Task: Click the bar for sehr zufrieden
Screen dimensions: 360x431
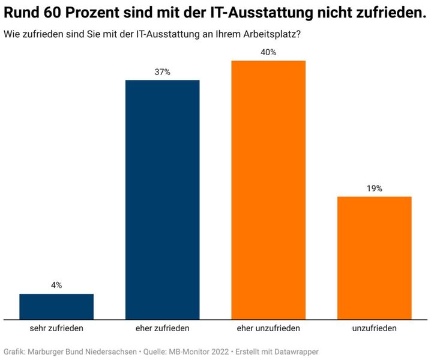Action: (56, 307)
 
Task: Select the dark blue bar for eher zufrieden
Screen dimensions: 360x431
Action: (162, 200)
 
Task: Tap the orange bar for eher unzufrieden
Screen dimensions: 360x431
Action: (268, 190)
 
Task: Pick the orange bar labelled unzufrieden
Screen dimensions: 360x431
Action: (374, 258)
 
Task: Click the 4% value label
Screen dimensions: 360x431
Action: (56, 286)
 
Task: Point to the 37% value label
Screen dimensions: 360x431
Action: (162, 72)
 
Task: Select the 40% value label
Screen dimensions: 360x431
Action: (268, 52)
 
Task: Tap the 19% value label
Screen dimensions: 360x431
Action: (374, 188)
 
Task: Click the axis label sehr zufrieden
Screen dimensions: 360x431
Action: (56, 329)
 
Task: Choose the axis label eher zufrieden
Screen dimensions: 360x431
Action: (162, 329)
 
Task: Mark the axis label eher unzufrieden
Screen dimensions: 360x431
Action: (268, 329)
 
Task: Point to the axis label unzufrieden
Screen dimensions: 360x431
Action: (374, 329)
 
